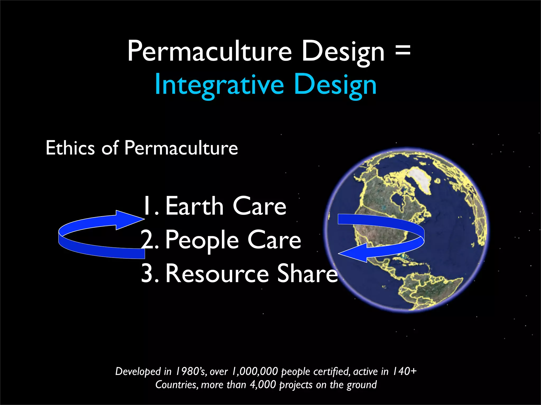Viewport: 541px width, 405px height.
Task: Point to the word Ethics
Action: point(70,148)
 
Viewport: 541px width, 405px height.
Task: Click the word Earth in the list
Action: point(194,206)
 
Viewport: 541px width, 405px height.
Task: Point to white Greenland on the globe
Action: point(420,179)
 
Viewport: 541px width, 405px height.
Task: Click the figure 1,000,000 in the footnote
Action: point(255,371)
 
